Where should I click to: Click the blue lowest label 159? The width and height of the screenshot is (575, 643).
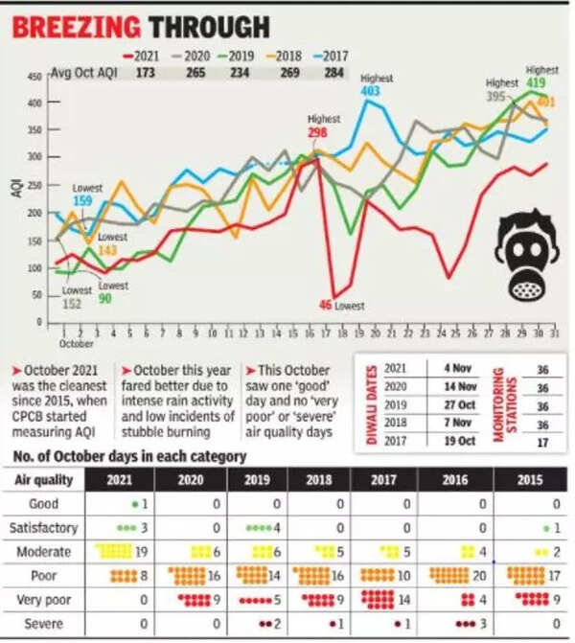click(x=83, y=201)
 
